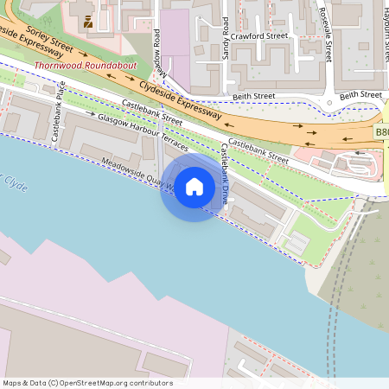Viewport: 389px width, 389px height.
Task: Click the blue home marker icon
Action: (194, 187)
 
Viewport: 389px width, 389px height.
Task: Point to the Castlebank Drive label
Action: (224, 174)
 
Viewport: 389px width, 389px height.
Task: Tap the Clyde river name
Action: (15, 183)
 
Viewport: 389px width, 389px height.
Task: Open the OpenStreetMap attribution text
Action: (87, 383)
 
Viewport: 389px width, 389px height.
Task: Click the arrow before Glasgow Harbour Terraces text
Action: (89, 113)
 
